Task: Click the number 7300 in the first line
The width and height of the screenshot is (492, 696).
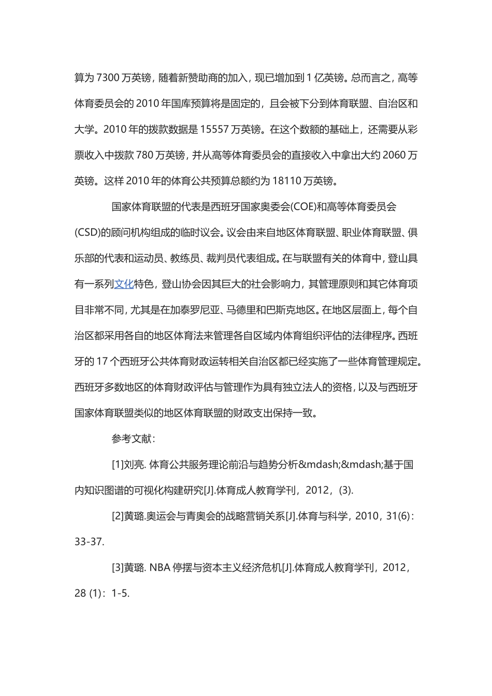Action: point(108,78)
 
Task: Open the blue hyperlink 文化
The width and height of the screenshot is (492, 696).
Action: point(124,284)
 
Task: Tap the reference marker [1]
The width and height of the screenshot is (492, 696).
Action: point(118,465)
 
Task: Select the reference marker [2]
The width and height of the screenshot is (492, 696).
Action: point(118,516)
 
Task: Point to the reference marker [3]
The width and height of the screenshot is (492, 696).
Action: point(118,568)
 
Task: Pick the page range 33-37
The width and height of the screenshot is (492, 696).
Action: point(89,542)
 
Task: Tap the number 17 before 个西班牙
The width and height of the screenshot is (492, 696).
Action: point(102,361)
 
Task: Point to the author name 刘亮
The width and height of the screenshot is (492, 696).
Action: point(134,465)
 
